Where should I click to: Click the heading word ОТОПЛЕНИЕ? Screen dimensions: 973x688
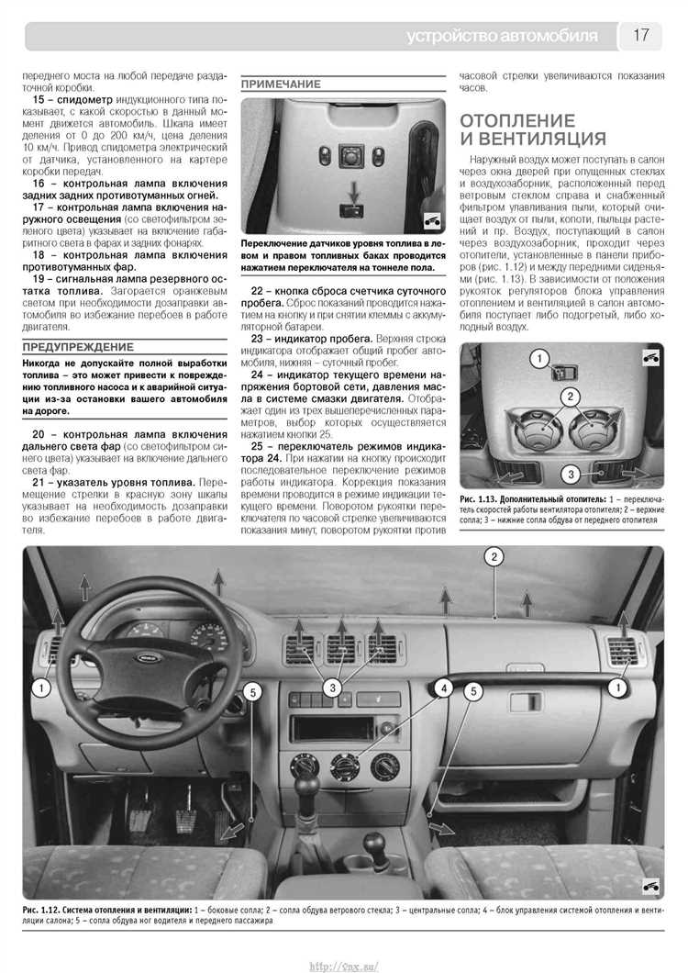517,120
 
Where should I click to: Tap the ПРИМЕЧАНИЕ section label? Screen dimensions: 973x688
281,84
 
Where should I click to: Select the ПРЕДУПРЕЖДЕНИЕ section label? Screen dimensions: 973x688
78,347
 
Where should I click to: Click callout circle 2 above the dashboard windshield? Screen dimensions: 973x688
494,557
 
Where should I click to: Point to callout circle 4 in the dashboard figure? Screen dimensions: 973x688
443,687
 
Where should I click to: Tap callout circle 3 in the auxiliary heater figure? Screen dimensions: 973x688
570,475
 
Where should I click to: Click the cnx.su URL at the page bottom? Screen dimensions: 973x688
344,964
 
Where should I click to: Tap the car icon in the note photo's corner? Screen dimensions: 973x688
430,220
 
